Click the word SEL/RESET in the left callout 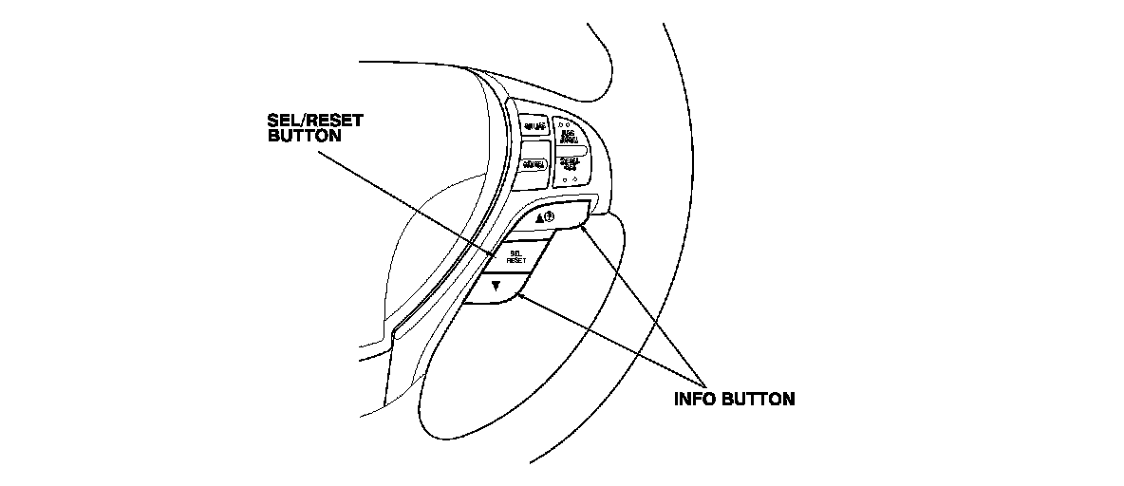312,121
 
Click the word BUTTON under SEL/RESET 301,136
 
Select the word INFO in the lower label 694,399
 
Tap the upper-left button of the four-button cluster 535,125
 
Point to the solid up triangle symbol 539,218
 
